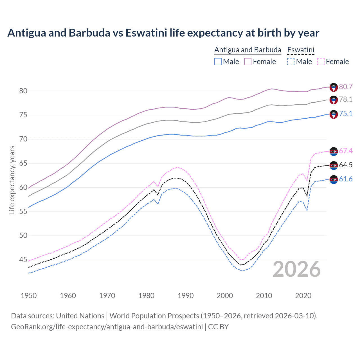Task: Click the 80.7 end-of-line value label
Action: point(346,87)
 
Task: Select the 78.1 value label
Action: point(346,99)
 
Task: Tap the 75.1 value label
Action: point(346,114)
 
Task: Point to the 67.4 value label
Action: point(346,151)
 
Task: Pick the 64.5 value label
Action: point(346,165)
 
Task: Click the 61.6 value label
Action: point(346,179)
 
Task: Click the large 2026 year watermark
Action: point(297,269)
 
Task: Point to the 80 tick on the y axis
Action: point(23,91)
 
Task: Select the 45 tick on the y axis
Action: point(23,260)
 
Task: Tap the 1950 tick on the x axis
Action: point(29,296)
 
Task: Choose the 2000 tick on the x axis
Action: point(225,296)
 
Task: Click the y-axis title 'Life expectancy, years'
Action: point(12,180)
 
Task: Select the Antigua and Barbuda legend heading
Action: point(247,50)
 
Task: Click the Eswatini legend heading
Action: point(301,50)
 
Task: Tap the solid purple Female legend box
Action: point(247,62)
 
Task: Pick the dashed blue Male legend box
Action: point(291,62)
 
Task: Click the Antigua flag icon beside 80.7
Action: point(334,87)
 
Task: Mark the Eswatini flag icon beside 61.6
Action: point(334,179)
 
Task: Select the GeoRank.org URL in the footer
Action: point(107,327)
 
